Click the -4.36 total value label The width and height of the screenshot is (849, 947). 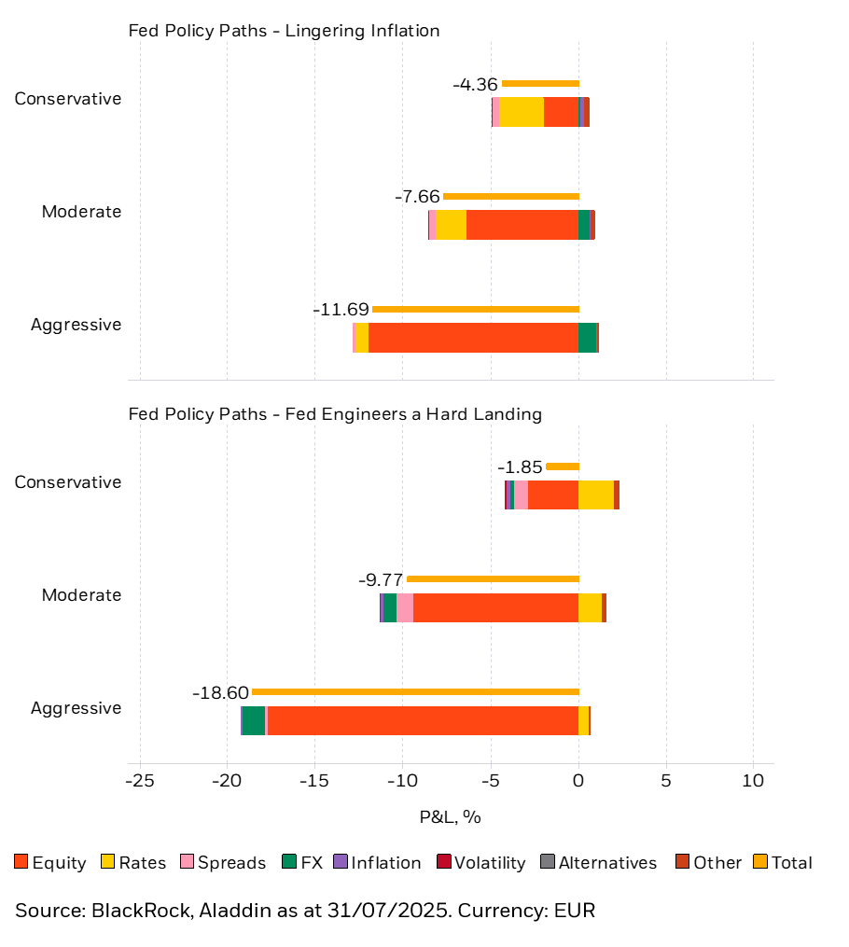(475, 84)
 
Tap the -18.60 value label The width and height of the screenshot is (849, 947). (221, 692)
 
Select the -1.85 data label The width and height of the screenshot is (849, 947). (520, 467)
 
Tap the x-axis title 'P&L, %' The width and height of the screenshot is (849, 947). (451, 817)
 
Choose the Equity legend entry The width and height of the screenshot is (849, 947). (50, 863)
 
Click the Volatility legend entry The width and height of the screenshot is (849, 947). (481, 863)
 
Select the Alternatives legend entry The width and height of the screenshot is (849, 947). (599, 863)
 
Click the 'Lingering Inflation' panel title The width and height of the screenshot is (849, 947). (284, 31)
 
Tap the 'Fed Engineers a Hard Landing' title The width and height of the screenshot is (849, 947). (335, 414)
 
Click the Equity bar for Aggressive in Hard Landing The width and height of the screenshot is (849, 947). (423, 720)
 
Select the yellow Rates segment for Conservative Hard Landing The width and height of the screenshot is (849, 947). (596, 494)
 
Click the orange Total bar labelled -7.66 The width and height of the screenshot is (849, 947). (511, 196)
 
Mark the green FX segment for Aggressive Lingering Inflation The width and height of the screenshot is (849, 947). (587, 338)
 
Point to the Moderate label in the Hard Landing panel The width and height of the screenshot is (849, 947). (81, 595)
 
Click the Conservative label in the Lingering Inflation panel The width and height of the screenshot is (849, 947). (67, 99)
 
